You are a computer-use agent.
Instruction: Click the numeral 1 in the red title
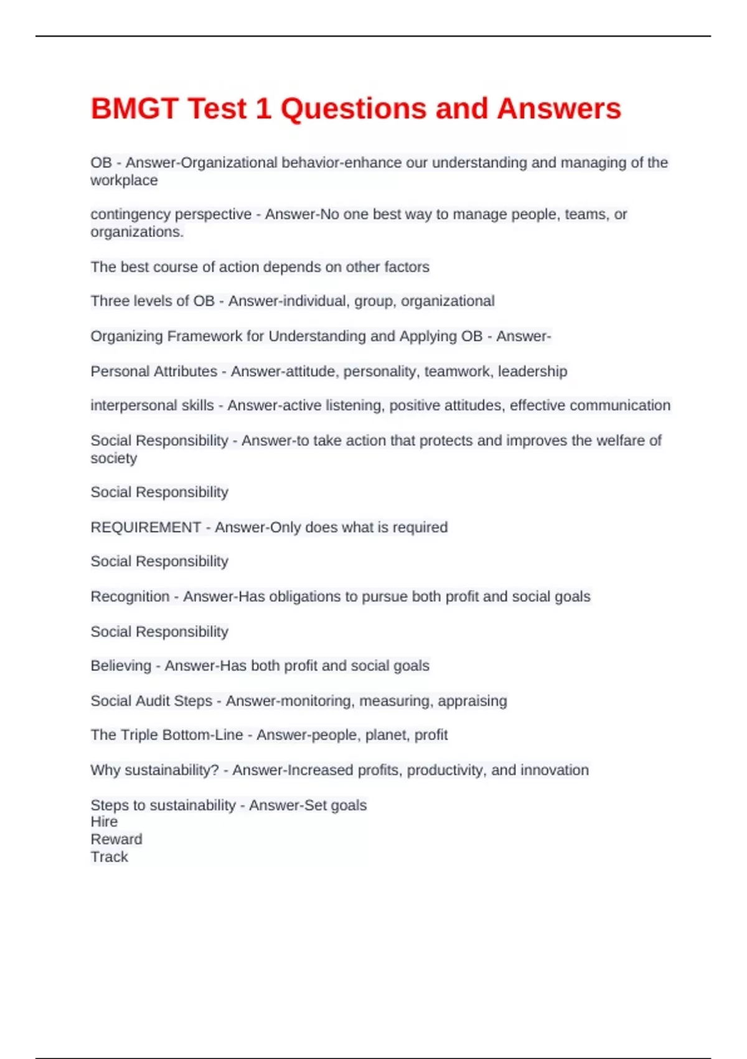(263, 109)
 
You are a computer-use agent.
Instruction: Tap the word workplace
(124, 181)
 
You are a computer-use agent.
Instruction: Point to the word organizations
(136, 232)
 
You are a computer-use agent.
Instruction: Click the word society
(113, 458)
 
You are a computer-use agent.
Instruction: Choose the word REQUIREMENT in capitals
(146, 527)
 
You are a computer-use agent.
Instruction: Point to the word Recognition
(129, 597)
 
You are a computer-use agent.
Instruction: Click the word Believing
(121, 666)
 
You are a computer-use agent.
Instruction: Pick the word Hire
(104, 822)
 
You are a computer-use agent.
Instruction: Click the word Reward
(116, 839)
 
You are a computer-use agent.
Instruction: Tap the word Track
(109, 857)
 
